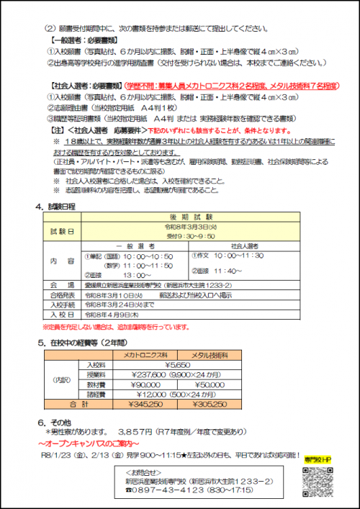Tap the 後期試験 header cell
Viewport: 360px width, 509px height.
(x=189, y=217)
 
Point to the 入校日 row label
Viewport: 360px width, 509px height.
(x=62, y=314)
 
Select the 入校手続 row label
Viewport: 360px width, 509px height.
(x=62, y=305)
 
